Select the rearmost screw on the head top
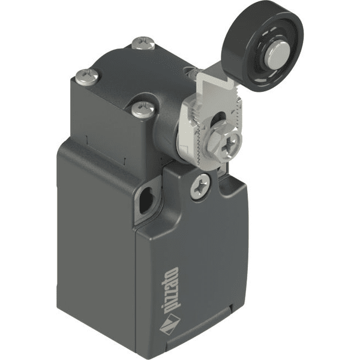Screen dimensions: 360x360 [144, 43]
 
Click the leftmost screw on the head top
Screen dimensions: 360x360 [88, 76]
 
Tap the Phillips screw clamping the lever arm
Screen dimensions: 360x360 [230, 144]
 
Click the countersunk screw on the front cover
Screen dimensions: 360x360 [200, 186]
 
